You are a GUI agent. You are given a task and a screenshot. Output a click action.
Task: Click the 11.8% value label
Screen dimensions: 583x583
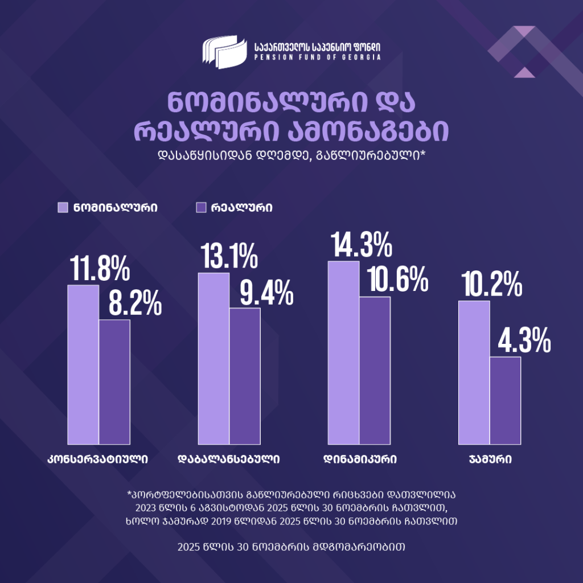(x=100, y=269)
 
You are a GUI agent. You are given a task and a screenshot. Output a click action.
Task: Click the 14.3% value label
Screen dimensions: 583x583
(x=360, y=245)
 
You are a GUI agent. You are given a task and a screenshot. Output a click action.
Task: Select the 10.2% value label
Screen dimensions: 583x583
(x=490, y=285)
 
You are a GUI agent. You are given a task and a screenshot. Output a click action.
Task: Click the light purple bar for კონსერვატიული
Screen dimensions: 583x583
(x=83, y=364)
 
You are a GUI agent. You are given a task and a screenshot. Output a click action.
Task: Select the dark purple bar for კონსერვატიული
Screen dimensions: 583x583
(x=114, y=382)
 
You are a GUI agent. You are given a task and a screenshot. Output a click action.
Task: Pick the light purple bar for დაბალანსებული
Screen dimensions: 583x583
(x=214, y=359)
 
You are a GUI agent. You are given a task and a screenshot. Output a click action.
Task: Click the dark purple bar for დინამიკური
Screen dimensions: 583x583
(x=375, y=371)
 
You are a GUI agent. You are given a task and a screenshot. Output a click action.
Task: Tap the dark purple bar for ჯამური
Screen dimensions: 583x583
(x=505, y=401)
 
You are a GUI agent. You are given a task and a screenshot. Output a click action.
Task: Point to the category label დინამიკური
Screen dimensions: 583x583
(x=360, y=459)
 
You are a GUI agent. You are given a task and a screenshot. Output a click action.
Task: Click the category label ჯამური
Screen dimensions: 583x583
(x=490, y=459)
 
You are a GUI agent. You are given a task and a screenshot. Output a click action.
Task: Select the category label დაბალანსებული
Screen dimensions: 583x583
(x=229, y=459)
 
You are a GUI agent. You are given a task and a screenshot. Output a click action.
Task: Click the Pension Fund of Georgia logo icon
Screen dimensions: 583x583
(x=225, y=51)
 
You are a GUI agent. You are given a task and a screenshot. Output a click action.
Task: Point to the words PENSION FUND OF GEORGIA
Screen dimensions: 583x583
(x=318, y=58)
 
